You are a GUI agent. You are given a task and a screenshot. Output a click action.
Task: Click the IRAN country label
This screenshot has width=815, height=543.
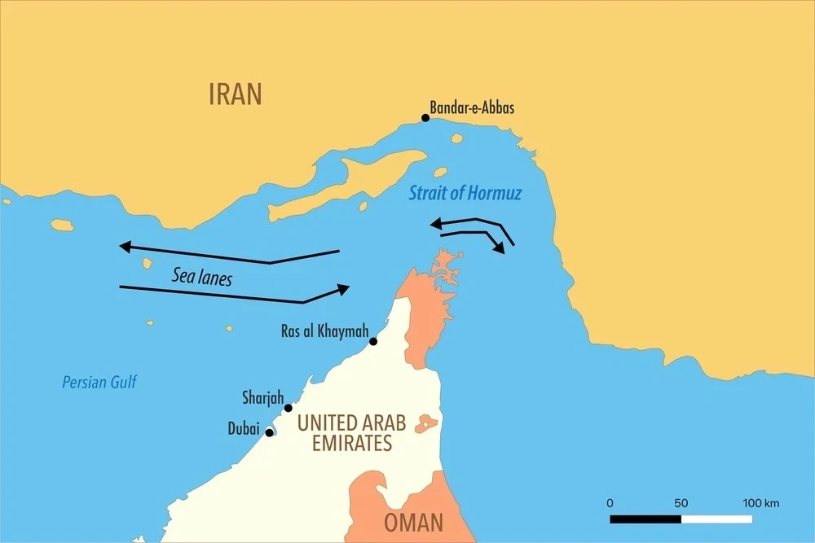click(x=236, y=94)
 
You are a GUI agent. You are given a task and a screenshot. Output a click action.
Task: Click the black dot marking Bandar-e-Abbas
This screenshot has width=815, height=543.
click(x=425, y=118)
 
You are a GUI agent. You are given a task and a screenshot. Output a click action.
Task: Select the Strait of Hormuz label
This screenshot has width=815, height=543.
click(x=465, y=194)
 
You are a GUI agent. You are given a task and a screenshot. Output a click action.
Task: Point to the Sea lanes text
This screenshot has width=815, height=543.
click(x=201, y=277)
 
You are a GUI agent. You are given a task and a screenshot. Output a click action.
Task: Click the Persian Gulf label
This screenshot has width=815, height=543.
click(x=99, y=382)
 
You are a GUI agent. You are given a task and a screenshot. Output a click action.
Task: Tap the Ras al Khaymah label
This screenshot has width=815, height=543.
click(x=323, y=331)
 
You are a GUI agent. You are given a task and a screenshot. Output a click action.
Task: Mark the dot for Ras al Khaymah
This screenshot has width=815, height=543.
click(x=373, y=341)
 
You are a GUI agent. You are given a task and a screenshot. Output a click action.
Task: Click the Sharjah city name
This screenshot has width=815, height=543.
click(x=262, y=398)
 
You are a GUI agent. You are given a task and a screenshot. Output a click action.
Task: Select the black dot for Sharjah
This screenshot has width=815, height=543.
click(x=288, y=408)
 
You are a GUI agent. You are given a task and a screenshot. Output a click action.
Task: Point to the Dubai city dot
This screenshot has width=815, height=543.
click(x=269, y=432)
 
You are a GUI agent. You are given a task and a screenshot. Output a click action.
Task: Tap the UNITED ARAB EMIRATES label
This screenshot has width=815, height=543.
click(x=351, y=433)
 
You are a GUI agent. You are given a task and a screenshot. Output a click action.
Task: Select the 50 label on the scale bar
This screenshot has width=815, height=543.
click(x=681, y=503)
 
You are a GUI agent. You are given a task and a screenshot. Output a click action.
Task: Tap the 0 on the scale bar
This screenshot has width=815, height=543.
click(x=610, y=503)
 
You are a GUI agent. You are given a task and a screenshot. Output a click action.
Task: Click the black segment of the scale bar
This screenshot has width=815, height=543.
click(x=645, y=519)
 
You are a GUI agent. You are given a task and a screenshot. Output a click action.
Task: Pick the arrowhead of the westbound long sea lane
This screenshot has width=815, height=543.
click(x=124, y=246)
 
